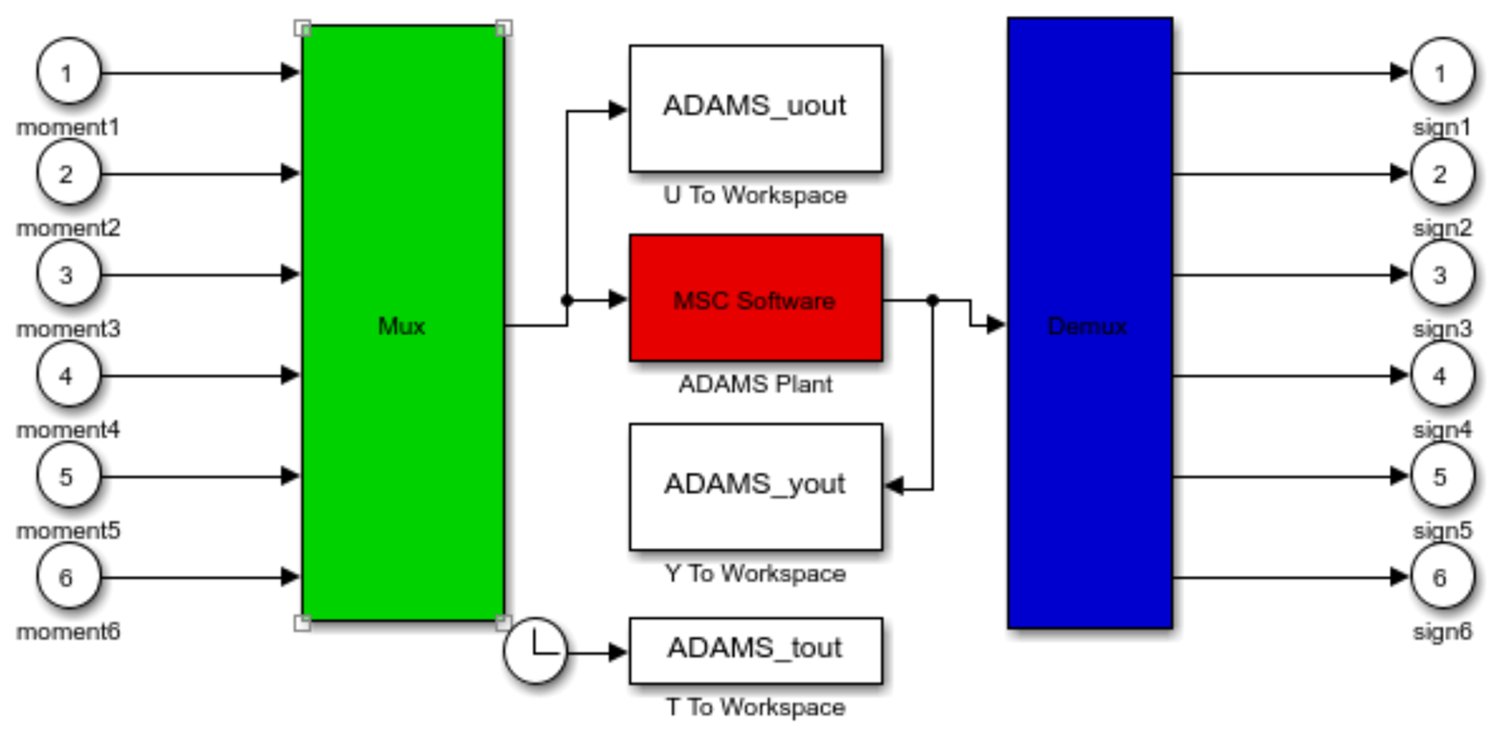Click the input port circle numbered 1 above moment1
(68, 72)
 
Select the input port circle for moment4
(68, 375)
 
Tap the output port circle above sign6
(1442, 577)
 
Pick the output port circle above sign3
(1442, 275)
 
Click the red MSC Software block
(755, 299)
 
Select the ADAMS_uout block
(755, 108)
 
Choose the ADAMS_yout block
(755, 486)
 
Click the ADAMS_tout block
(755, 650)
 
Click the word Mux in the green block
(402, 326)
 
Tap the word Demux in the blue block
(1088, 326)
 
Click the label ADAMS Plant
(755, 384)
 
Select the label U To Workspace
(755, 195)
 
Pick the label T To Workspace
(755, 707)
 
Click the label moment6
(68, 631)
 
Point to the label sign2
(1442, 228)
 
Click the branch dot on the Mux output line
(567, 300)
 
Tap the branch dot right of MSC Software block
(933, 300)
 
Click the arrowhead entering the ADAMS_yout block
(895, 486)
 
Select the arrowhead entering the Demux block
(996, 324)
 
